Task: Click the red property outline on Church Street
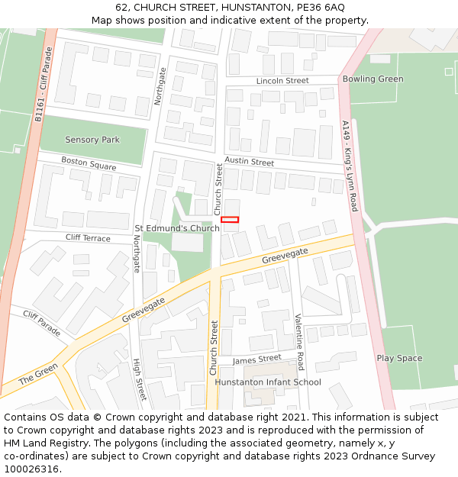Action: [230, 220]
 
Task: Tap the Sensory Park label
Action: [92, 140]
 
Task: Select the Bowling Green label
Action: [373, 79]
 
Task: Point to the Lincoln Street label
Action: [282, 80]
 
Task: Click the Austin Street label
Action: [249, 163]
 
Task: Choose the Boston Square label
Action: [89, 163]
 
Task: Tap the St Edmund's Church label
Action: [177, 228]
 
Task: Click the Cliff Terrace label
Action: [88, 238]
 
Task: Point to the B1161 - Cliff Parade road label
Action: [44, 85]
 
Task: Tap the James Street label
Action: [257, 359]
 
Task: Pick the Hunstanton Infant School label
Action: [268, 382]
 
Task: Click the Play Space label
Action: [398, 358]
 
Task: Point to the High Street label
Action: [139, 380]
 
